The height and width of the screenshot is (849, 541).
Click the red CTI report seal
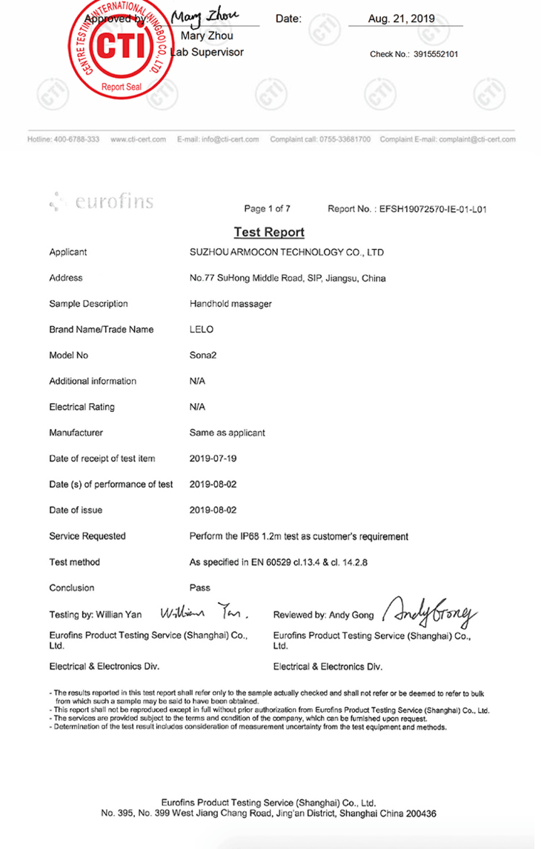pos(119,46)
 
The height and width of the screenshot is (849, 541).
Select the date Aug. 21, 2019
pos(402,19)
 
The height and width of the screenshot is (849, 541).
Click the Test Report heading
pos(269,233)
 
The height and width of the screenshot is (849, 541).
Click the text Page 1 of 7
pos(268,209)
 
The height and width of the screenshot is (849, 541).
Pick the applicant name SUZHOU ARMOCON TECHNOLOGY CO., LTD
pos(287,253)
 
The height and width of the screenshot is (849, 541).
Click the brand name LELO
pos(202,330)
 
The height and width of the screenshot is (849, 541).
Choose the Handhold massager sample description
pos(230,304)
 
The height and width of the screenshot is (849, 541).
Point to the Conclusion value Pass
pos(200,587)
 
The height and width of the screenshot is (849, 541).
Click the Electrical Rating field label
pos(82,407)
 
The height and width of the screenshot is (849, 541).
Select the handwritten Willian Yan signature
pos(205,613)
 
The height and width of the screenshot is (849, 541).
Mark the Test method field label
pos(74,562)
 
